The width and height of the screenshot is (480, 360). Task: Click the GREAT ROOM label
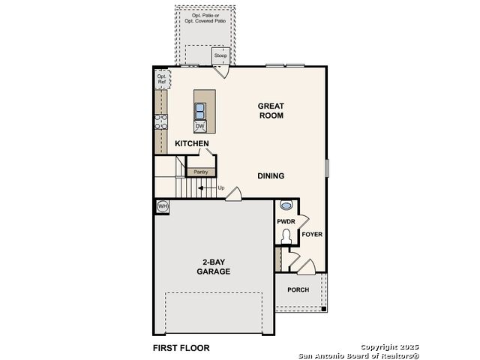point(271,111)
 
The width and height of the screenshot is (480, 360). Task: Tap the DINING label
point(271,176)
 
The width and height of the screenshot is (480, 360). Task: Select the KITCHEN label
point(192,143)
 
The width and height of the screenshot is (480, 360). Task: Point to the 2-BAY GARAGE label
point(214,267)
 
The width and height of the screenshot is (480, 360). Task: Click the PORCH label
point(298,289)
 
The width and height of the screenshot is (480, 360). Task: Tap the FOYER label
point(312,235)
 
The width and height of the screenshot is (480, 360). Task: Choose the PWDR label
point(286,221)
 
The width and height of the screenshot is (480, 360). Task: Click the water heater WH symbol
point(163,206)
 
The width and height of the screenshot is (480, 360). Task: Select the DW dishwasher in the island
point(200,127)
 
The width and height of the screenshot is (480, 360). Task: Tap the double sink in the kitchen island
point(200,111)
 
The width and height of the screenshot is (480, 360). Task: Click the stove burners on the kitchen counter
point(161,121)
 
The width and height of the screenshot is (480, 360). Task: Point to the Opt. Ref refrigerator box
point(162,79)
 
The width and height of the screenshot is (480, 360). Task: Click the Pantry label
point(201,172)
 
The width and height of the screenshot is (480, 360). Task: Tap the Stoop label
point(220,55)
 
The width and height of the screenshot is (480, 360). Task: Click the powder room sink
point(286,205)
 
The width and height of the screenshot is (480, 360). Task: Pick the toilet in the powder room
point(286,236)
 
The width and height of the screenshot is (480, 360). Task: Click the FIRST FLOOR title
point(181,348)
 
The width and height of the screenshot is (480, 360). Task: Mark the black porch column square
point(323,309)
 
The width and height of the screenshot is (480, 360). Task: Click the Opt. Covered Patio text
point(205,21)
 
